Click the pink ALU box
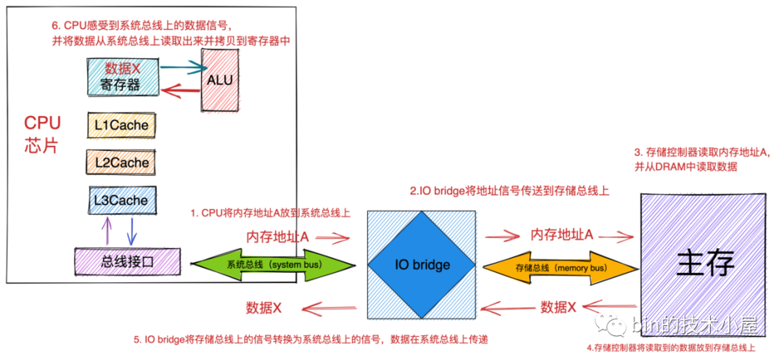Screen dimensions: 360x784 click(219, 81)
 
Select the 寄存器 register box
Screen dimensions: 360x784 click(121, 77)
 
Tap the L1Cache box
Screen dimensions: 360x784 click(121, 126)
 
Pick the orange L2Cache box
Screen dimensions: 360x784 click(121, 163)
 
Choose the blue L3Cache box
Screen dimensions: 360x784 click(121, 200)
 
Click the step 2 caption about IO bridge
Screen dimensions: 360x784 click(509, 192)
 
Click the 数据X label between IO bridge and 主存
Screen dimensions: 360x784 click(558, 307)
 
